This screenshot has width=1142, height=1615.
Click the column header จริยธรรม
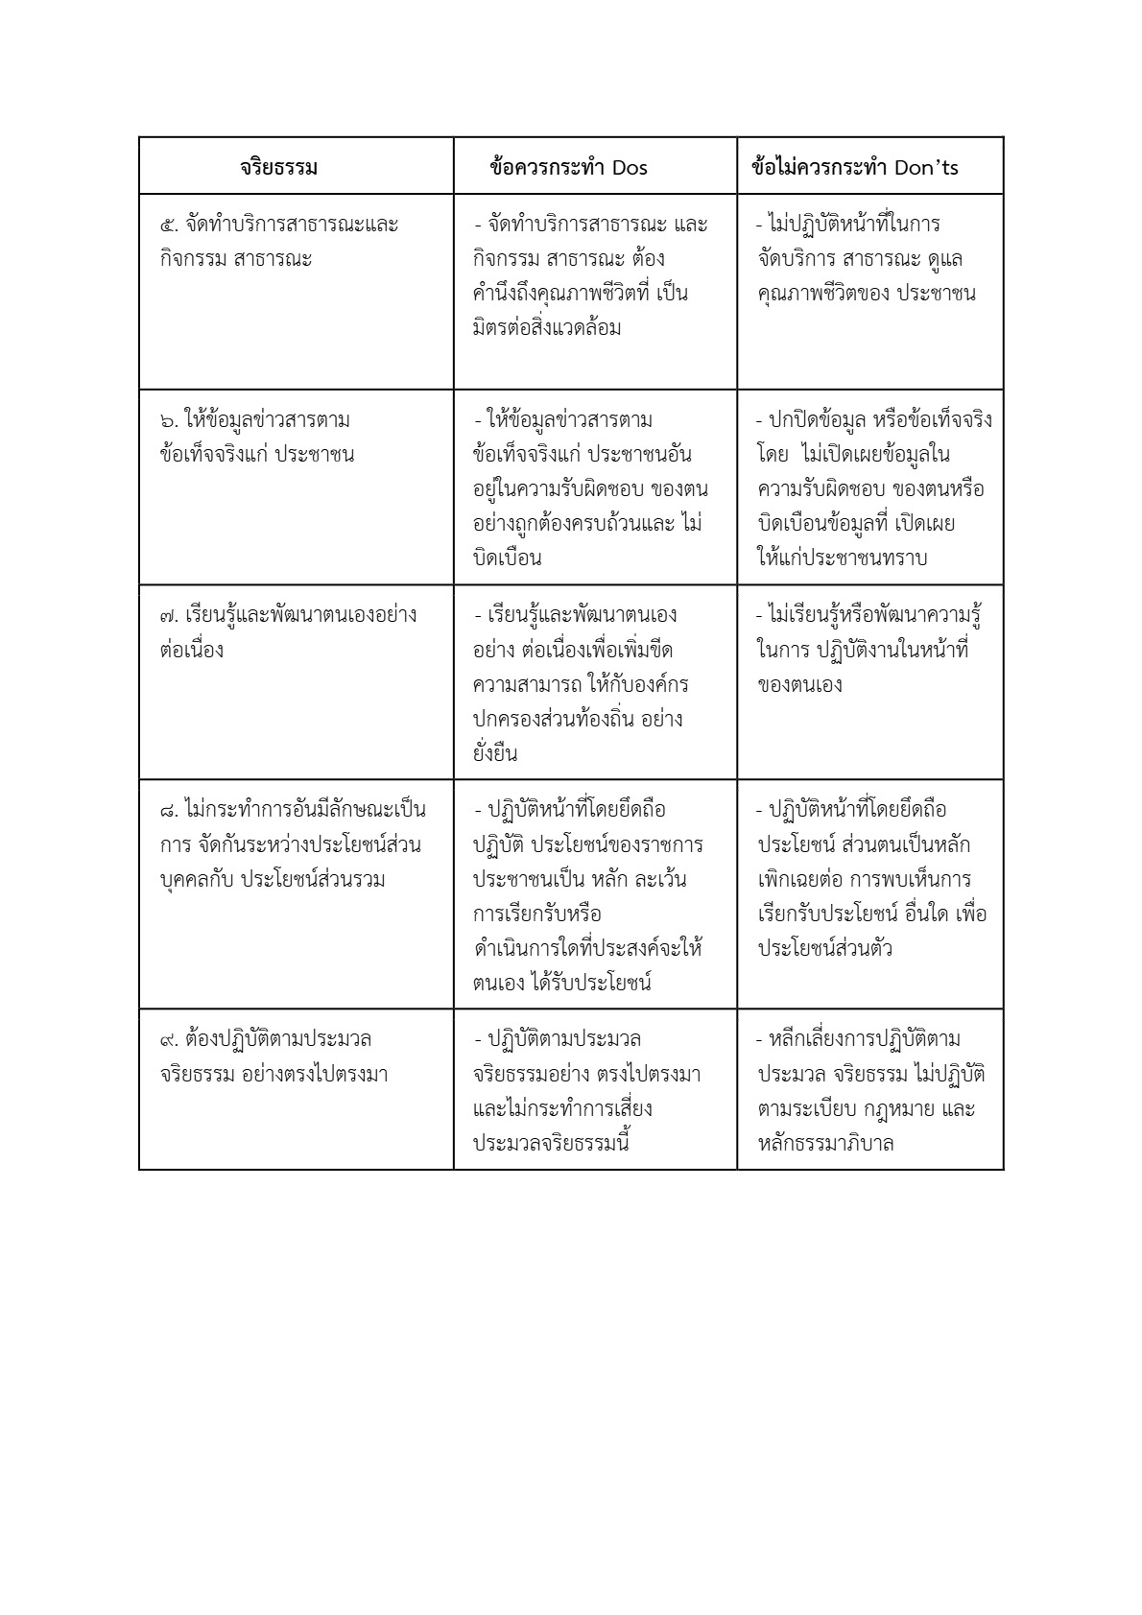click(278, 168)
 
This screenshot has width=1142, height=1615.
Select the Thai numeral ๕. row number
click(169, 226)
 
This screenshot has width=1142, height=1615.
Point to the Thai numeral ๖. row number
click(169, 421)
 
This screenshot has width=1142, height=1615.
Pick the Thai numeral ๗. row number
click(170, 616)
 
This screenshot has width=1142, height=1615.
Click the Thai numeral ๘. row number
click(169, 811)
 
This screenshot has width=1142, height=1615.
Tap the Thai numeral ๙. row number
click(169, 1040)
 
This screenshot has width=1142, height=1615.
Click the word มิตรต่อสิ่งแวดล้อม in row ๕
click(547, 328)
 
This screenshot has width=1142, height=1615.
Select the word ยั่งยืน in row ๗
click(495, 753)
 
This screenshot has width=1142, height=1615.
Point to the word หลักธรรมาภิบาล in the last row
click(826, 1144)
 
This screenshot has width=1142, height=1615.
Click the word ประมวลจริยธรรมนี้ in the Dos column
click(552, 1144)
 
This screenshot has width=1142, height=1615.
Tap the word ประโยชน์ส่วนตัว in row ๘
click(825, 949)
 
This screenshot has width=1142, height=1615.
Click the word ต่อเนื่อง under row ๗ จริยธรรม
click(192, 651)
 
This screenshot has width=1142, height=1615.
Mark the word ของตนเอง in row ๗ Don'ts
click(800, 685)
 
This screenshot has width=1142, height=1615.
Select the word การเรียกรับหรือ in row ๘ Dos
click(536, 914)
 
